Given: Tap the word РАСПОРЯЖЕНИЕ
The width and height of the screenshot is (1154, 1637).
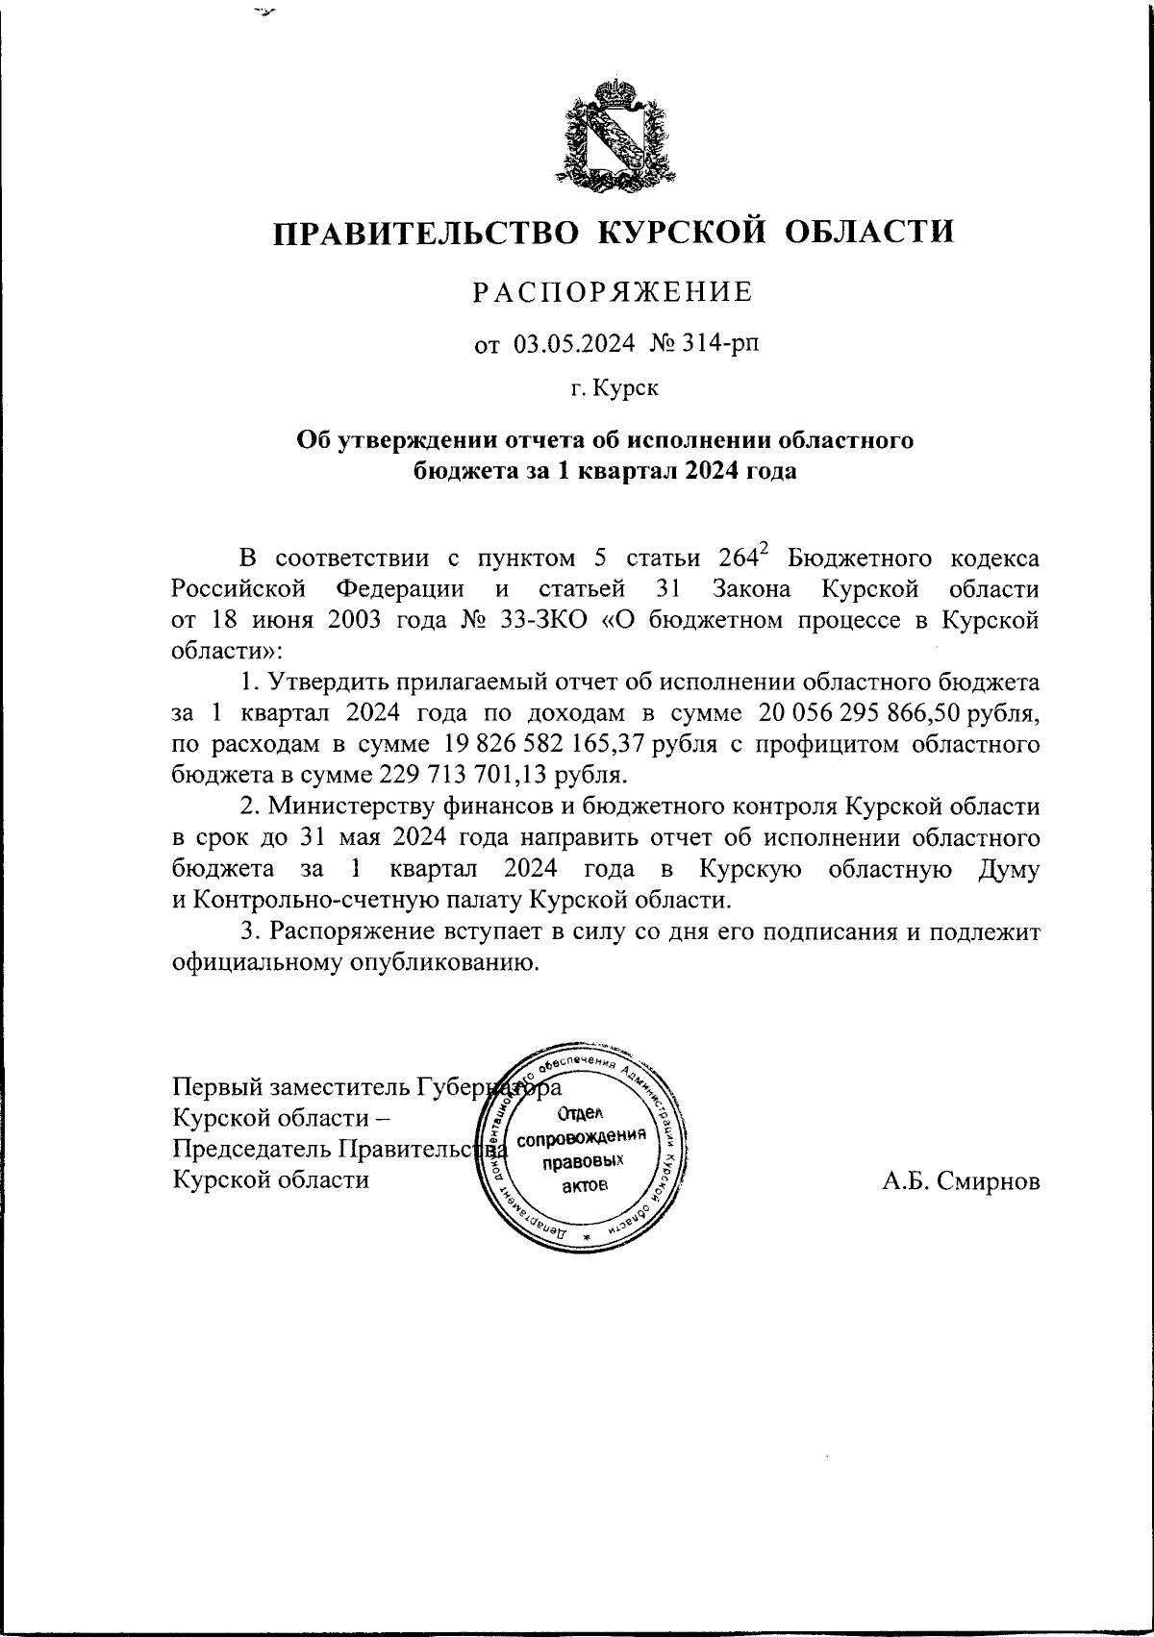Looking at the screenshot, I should point(614,293).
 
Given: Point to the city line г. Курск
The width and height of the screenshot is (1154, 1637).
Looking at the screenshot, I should point(614,388).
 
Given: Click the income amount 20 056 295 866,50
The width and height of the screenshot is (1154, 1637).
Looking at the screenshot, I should point(881,713).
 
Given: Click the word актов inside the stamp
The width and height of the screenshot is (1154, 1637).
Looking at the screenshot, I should point(585,1184).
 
